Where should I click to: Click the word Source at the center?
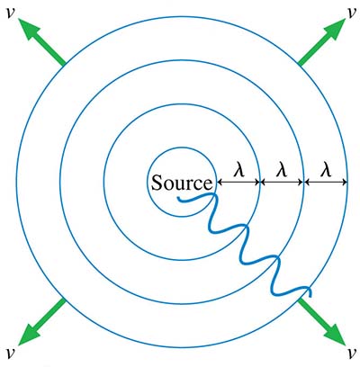tap(182, 183)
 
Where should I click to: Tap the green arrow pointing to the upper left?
tap(41, 41)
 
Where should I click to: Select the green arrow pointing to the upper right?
tap(322, 41)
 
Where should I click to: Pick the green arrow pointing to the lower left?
tap(41, 322)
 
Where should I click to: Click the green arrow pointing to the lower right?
tap(321, 322)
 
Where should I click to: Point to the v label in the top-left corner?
tap(11, 13)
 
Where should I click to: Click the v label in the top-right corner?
tap(350, 13)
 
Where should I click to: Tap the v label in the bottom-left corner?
tap(11, 353)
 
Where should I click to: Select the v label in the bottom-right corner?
tap(350, 353)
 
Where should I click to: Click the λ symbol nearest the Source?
tap(239, 171)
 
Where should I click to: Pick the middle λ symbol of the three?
tap(282, 171)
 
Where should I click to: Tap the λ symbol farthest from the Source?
tap(326, 171)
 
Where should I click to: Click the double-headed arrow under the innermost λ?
tap(238, 182)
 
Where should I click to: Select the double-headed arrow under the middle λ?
tap(282, 182)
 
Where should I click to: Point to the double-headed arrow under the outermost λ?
tap(326, 182)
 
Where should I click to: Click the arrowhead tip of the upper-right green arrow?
tap(346, 18)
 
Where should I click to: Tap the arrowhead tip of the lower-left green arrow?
tap(18, 345)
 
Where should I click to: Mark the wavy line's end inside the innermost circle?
tap(178, 198)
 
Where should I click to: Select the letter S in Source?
tap(157, 183)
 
